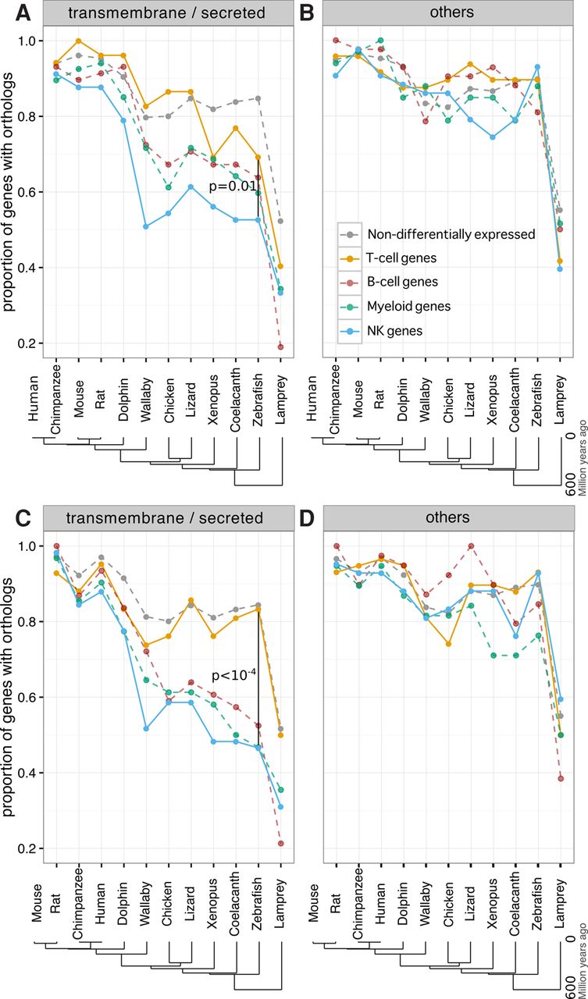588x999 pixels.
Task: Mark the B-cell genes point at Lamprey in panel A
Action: point(280,347)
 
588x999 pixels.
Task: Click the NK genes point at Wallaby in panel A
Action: point(145,226)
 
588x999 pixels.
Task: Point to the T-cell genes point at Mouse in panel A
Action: point(78,41)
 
